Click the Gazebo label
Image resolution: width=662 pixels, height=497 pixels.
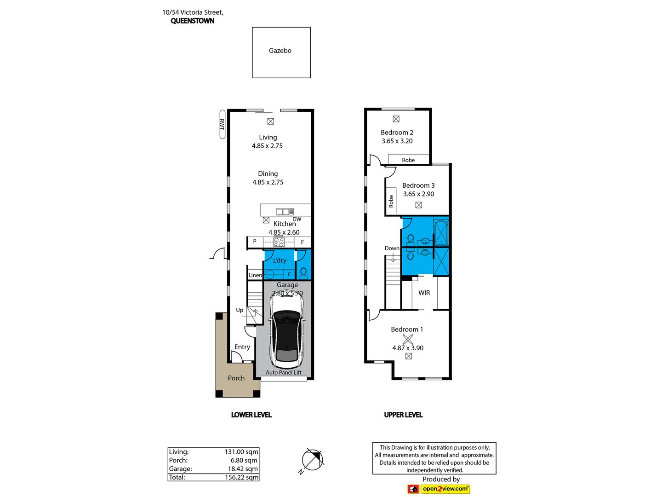pyautogui.click(x=280, y=51)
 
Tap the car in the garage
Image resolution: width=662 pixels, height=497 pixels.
pyautogui.click(x=287, y=331)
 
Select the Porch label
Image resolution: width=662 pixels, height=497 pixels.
pyautogui.click(x=236, y=378)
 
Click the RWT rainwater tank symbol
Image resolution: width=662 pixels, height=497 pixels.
pyautogui.click(x=222, y=124)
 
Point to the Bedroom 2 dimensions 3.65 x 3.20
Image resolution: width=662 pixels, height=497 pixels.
pyautogui.click(x=397, y=141)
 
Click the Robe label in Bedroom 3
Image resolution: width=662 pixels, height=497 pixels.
pyautogui.click(x=391, y=201)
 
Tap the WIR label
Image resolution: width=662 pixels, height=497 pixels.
pyautogui.click(x=424, y=293)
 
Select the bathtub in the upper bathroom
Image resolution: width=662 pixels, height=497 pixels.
pyautogui.click(x=441, y=232)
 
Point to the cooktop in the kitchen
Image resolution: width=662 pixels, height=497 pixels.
pyautogui.click(x=279, y=242)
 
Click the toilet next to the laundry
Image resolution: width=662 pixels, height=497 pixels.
pyautogui.click(x=303, y=272)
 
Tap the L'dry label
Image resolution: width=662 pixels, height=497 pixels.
pyautogui.click(x=280, y=260)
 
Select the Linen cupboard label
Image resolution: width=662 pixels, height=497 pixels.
pyautogui.click(x=255, y=275)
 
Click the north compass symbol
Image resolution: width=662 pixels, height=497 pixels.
pyautogui.click(x=313, y=460)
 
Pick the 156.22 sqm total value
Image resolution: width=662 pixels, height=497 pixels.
pyautogui.click(x=241, y=477)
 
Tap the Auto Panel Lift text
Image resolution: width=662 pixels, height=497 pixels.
pyautogui.click(x=284, y=372)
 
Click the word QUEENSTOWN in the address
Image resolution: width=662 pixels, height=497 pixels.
pyautogui.click(x=193, y=21)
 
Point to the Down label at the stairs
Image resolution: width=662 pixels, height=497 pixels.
pyautogui.click(x=392, y=248)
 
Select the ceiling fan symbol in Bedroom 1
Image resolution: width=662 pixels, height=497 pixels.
pyautogui.click(x=408, y=339)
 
